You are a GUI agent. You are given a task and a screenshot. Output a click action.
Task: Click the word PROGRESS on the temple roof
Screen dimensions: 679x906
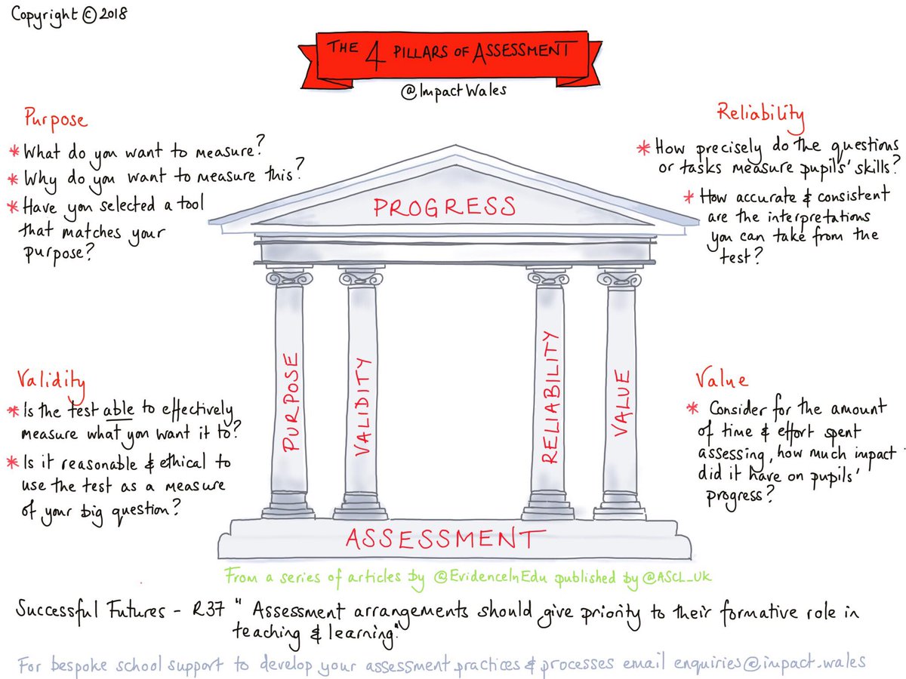tap(445, 206)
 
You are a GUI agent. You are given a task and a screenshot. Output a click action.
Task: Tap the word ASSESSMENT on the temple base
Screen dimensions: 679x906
tap(444, 538)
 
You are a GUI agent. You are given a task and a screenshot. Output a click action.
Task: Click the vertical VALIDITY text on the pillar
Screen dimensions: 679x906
tap(362, 407)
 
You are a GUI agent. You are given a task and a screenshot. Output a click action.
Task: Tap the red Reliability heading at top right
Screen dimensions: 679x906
tap(760, 115)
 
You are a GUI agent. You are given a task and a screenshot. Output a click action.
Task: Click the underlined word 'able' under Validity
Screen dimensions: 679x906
tap(118, 410)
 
